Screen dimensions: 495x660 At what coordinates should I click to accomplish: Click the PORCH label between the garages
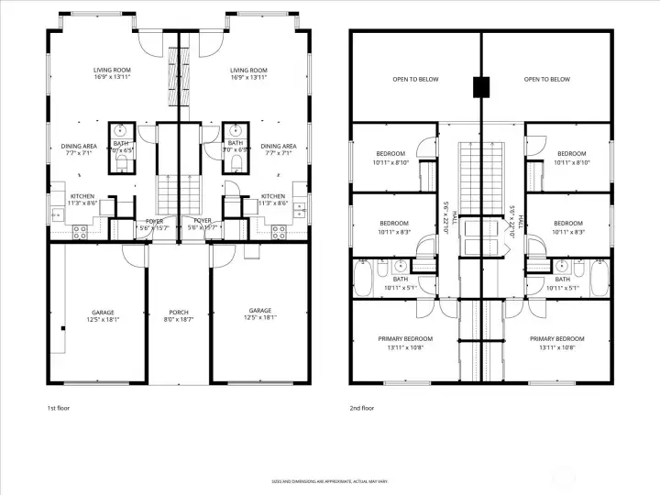point(179,312)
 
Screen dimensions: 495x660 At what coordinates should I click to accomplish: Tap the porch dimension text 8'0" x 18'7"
point(179,320)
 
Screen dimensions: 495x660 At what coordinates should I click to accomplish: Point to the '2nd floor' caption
point(362,407)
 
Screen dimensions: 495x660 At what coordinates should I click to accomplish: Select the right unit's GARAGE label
point(259,312)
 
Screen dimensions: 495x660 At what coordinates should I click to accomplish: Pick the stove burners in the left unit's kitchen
point(79,234)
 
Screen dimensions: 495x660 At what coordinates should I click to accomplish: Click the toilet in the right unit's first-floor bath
point(237,163)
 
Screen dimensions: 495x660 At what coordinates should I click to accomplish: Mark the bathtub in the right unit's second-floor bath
point(599,279)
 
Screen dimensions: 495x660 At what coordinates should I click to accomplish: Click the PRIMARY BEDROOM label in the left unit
point(405,338)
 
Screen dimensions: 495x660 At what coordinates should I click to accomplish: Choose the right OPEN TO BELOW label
point(547,80)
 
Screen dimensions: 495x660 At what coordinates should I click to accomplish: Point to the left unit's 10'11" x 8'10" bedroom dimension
point(390,162)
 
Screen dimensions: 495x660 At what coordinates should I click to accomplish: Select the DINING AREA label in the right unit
point(278,146)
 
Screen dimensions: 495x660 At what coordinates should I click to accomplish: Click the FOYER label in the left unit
point(154,220)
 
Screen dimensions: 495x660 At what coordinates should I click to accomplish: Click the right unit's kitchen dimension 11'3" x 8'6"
point(273,203)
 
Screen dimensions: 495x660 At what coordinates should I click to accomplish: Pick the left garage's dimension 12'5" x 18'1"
point(103,320)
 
